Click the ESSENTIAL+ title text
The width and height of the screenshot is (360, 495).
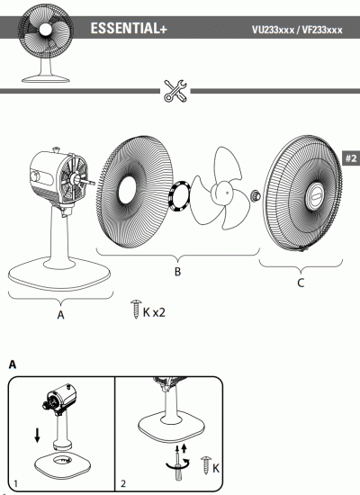click(x=129, y=30)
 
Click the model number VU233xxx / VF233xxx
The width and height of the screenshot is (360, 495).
click(x=297, y=31)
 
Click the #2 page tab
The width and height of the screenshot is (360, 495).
click(x=351, y=159)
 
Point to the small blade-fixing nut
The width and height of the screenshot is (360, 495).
click(x=256, y=193)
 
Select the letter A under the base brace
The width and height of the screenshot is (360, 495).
click(x=60, y=314)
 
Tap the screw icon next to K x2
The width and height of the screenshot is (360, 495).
click(x=137, y=310)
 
